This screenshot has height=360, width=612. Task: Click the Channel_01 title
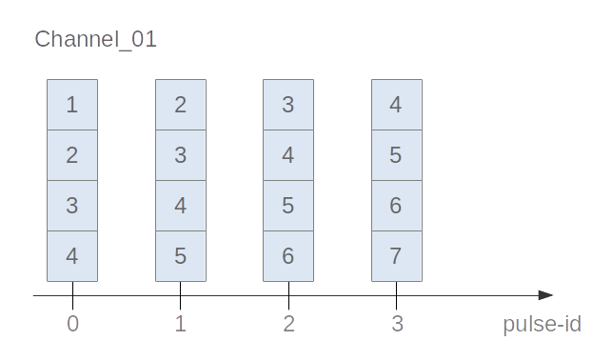[95, 40]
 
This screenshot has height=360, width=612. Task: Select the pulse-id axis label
[542, 324]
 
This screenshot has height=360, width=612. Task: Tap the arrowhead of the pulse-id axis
[545, 295]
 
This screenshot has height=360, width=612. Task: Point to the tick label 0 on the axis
[72, 324]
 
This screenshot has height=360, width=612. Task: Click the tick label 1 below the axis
[181, 324]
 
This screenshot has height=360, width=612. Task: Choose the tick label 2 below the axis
[288, 324]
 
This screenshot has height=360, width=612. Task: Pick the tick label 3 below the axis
[397, 324]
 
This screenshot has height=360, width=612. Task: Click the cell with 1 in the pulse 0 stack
[72, 105]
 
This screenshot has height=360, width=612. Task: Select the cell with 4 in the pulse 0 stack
[72, 256]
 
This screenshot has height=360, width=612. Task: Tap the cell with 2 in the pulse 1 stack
[181, 105]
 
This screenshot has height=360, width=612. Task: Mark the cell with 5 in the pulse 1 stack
[181, 256]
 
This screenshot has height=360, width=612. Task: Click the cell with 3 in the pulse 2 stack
[288, 105]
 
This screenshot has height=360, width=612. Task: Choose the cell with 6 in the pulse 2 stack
[288, 256]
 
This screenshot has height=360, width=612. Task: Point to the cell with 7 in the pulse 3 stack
[397, 256]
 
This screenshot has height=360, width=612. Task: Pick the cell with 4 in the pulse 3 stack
[397, 105]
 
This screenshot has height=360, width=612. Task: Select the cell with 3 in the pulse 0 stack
[72, 206]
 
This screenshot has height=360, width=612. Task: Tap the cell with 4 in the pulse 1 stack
[181, 206]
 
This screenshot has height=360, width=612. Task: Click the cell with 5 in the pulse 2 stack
[288, 206]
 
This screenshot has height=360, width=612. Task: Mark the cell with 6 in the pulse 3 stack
[397, 206]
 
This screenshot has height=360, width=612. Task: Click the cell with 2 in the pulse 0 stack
[72, 155]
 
